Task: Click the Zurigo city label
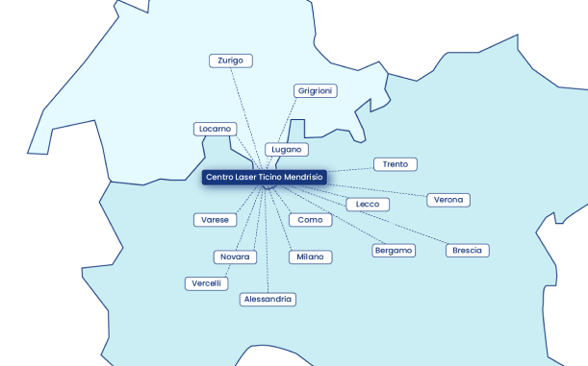[x=231, y=61]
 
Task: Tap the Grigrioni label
[x=316, y=90]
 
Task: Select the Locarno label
[x=215, y=129]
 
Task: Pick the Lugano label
[x=287, y=150]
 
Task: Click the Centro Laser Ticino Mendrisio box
[x=265, y=178]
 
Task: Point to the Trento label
[x=395, y=164]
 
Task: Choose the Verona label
[x=448, y=200]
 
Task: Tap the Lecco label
[x=368, y=205]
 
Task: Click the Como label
[x=310, y=220]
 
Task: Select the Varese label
[x=215, y=220]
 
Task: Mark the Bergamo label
[x=393, y=251]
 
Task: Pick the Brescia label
[x=468, y=251]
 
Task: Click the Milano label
[x=310, y=257]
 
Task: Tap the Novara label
[x=235, y=257]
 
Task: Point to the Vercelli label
[x=207, y=283]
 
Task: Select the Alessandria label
[x=268, y=300]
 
